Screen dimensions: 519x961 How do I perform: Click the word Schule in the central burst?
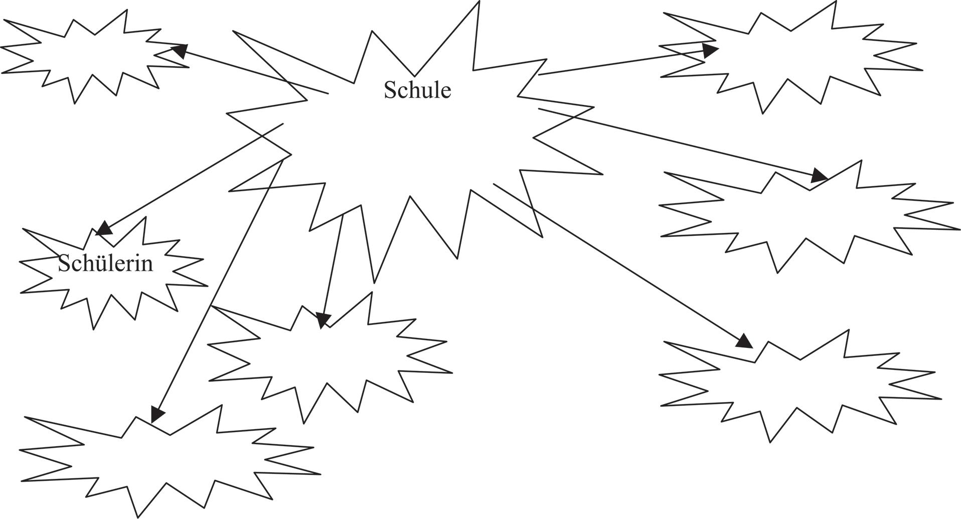(417, 90)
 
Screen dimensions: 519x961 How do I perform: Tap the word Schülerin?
(105, 264)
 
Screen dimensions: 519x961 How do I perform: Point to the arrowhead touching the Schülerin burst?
(104, 228)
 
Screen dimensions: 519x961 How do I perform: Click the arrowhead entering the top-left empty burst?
(180, 50)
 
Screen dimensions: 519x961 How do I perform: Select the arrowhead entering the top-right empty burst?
(710, 50)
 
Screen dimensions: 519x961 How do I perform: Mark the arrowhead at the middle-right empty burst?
(820, 176)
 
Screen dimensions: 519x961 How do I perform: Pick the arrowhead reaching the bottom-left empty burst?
(157, 414)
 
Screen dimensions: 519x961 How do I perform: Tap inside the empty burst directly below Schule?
(326, 356)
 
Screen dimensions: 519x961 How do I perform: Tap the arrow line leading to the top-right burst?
(622, 62)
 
